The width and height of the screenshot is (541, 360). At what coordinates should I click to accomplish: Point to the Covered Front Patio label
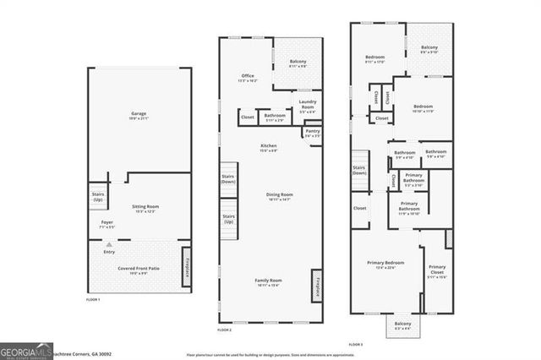click(x=137, y=270)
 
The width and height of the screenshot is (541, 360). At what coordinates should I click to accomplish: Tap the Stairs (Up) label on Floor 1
click(x=97, y=196)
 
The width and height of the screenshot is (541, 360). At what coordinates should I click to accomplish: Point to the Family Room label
click(x=269, y=282)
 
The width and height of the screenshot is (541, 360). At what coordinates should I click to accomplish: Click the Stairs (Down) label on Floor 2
click(x=228, y=179)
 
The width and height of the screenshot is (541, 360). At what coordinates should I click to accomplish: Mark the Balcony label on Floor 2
click(x=298, y=63)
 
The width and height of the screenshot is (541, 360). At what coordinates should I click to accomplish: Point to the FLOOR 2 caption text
click(x=224, y=329)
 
